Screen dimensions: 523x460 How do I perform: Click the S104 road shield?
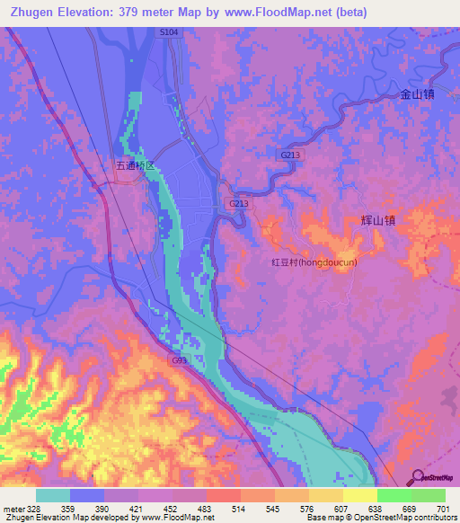pyautogui.click(x=170, y=31)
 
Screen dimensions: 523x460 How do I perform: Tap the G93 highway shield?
pyautogui.click(x=180, y=360)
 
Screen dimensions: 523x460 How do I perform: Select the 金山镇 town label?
pyautogui.click(x=417, y=93)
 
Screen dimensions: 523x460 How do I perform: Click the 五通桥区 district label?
pyautogui.click(x=136, y=166)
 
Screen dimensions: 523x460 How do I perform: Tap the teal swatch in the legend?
pyautogui.click(x=53, y=495)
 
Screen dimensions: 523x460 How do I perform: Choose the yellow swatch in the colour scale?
pyautogui.click(x=359, y=495)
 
